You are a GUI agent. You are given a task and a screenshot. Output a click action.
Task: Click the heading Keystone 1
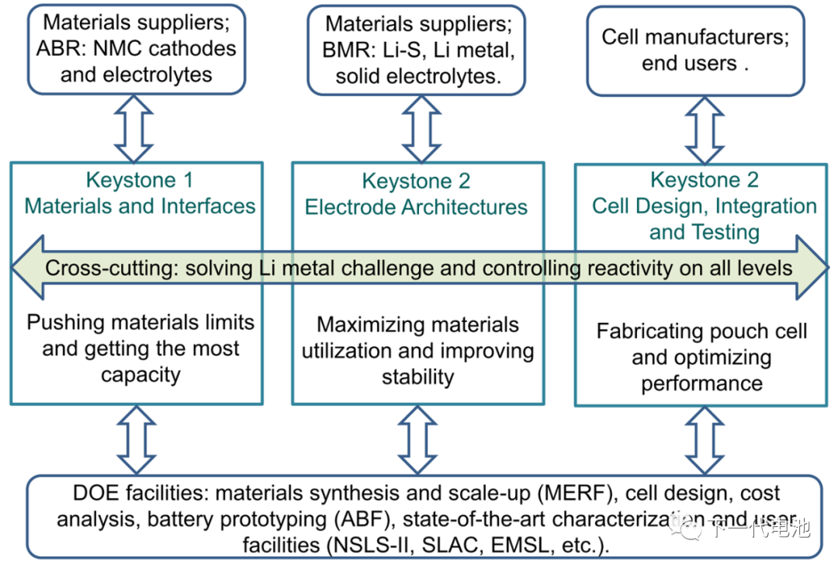pos(140,181)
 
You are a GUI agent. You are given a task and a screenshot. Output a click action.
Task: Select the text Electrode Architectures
pos(416,207)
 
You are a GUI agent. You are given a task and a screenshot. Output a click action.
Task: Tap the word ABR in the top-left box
pos(56,49)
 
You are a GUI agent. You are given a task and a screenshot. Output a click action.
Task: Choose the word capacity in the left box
pos(140,375)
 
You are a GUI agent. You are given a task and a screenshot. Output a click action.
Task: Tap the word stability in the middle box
pos(417,377)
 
